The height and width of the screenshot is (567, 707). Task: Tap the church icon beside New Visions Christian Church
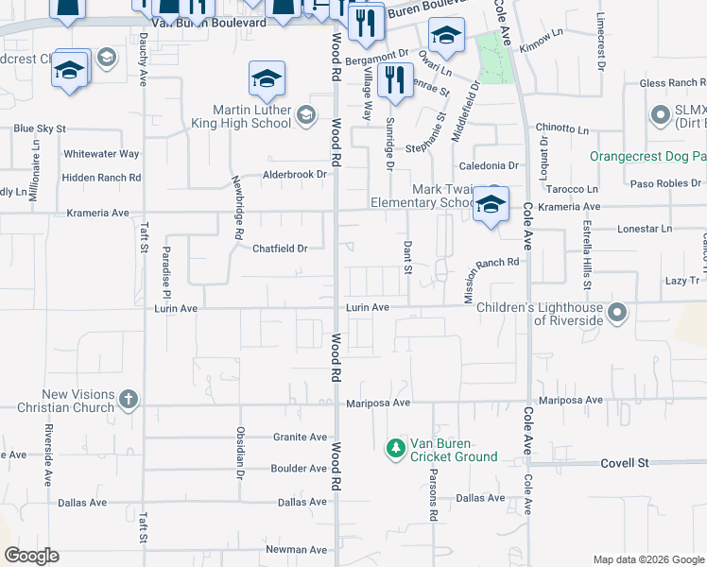129,400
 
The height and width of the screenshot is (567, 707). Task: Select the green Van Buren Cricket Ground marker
396,449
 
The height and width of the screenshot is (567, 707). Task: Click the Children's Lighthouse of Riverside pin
618,311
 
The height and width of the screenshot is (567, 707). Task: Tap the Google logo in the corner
31,556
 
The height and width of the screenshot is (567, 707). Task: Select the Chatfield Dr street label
280,249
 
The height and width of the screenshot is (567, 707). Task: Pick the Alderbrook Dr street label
295,174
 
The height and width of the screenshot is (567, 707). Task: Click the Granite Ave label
300,437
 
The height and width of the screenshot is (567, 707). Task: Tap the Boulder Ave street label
299,468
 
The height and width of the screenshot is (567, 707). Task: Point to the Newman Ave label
296,549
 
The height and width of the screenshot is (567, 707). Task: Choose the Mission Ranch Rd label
491,279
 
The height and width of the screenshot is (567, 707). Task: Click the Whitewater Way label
101,153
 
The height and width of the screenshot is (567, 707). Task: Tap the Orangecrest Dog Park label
647,156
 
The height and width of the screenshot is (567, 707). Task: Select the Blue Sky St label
39,128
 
